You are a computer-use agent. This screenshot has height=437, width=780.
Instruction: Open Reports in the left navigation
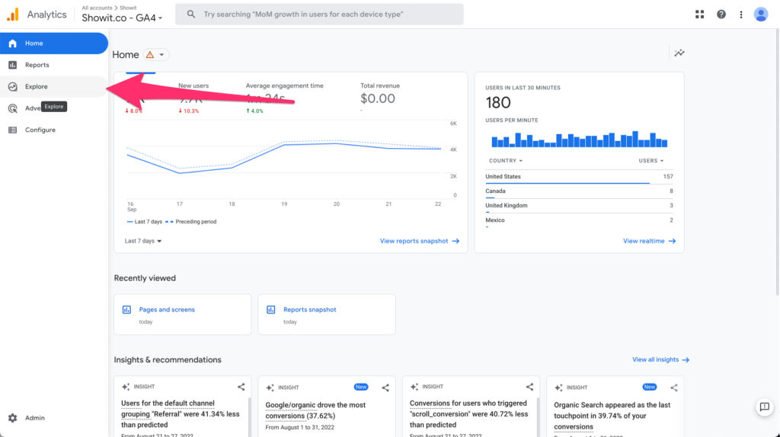coord(37,65)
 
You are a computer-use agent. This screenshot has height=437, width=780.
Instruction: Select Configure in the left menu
coord(40,130)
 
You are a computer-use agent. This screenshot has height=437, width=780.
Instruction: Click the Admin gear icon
coord(13,418)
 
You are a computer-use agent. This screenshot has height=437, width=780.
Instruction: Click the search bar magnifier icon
coord(190,14)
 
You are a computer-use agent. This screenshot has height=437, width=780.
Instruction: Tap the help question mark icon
coord(721,14)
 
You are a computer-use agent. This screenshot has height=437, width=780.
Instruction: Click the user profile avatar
coord(760,14)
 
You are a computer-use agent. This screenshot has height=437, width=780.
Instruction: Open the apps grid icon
coord(700,14)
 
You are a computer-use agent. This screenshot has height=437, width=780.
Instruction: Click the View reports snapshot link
coord(419,241)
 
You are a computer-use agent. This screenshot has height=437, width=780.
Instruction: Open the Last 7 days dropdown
coord(143,241)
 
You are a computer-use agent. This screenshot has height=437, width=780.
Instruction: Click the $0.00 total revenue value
coord(378,98)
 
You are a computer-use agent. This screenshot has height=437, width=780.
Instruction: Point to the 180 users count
coord(498,103)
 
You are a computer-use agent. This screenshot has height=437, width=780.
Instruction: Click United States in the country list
coord(503,176)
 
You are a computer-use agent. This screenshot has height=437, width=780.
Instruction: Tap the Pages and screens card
coord(182,314)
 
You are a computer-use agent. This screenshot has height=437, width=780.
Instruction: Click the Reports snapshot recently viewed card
coord(326,314)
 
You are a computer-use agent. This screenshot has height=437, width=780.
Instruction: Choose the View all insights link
coord(660,359)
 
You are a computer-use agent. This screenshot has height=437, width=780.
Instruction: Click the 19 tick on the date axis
coord(284,204)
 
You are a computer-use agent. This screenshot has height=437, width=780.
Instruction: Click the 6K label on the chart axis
coord(453,123)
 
